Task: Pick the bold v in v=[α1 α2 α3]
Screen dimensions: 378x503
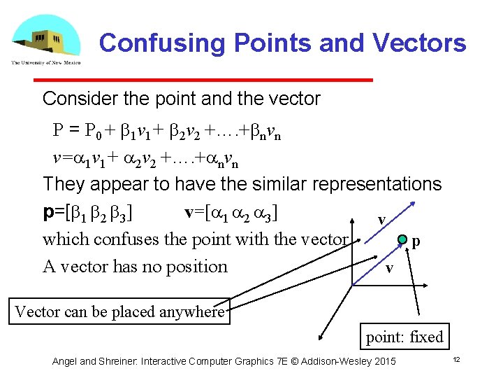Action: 189,211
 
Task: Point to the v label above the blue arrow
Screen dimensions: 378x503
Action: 381,220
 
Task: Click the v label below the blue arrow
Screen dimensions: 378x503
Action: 390,269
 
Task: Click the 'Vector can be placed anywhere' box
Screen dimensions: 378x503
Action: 119,311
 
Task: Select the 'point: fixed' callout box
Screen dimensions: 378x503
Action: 404,337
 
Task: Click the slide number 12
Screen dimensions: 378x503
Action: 455,359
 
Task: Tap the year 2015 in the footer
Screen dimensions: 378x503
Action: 384,361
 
